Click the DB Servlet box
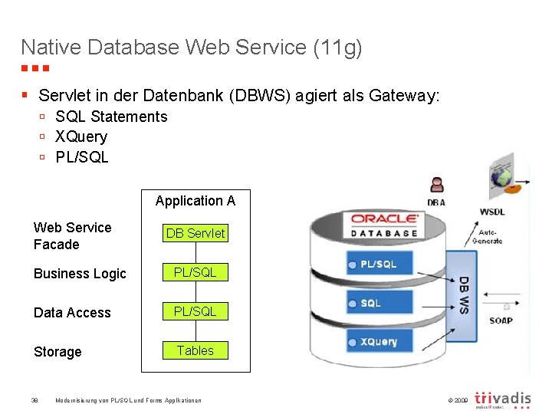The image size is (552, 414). click(x=195, y=233)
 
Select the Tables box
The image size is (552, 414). click(x=195, y=350)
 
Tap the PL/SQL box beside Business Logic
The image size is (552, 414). click(x=195, y=272)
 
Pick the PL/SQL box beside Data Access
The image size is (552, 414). click(x=195, y=311)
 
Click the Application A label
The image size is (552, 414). click(x=195, y=201)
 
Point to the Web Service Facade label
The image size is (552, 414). click(x=72, y=236)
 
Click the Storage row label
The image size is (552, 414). click(x=58, y=352)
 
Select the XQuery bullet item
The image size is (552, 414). click(x=81, y=136)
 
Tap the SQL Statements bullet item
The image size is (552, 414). click(x=111, y=117)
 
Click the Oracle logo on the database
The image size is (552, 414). click(x=385, y=219)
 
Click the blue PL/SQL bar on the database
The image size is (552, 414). click(x=381, y=264)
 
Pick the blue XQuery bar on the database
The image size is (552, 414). click(x=380, y=342)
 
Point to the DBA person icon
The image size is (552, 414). click(x=437, y=186)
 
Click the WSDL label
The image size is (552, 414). click(x=491, y=212)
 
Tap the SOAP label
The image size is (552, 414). click(x=501, y=320)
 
